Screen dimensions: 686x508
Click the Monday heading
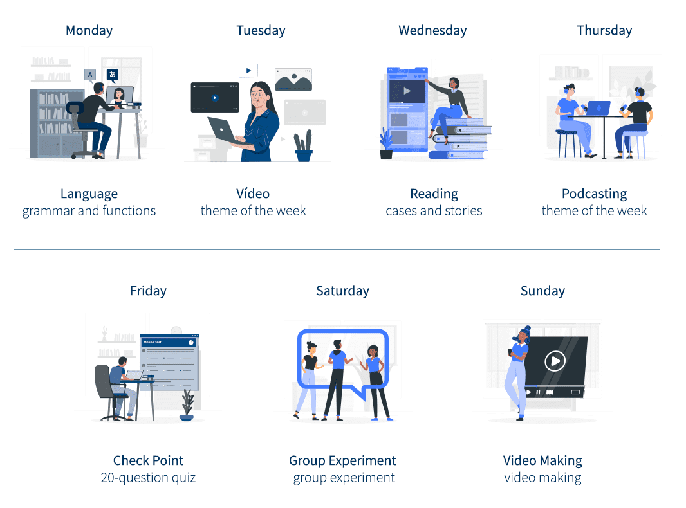(x=89, y=30)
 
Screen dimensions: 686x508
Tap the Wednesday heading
(x=432, y=30)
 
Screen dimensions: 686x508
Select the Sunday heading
(x=542, y=291)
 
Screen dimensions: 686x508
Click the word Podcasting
(x=594, y=194)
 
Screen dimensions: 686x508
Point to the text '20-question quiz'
(x=148, y=478)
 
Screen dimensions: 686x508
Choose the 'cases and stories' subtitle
(x=434, y=211)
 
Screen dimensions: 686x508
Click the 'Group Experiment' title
(x=342, y=461)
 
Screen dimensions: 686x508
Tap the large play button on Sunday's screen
(x=555, y=361)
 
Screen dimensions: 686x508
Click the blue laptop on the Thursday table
(x=598, y=109)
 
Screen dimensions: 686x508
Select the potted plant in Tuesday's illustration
(x=304, y=146)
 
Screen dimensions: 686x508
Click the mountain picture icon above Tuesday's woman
(x=293, y=80)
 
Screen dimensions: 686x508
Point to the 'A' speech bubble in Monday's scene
(x=90, y=75)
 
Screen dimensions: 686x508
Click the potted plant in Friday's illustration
(x=187, y=405)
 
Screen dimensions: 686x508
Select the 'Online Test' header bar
(x=169, y=342)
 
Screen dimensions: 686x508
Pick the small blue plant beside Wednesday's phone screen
(x=386, y=143)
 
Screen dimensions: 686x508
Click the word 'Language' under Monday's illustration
(x=89, y=194)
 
